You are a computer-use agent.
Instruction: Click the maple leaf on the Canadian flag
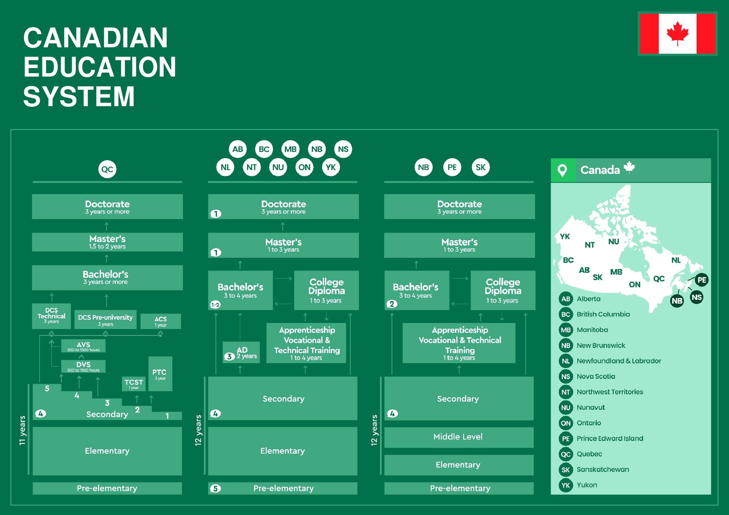click(677, 33)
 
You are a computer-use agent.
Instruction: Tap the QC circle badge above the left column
click(107, 169)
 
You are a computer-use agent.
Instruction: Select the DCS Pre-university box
click(105, 320)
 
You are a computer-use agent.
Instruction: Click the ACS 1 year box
click(161, 321)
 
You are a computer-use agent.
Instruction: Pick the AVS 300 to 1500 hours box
click(84, 346)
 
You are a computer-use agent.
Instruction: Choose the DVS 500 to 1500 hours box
click(84, 366)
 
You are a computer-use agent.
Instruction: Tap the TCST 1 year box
click(134, 384)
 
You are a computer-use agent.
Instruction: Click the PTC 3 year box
click(160, 374)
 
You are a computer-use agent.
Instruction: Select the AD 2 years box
click(241, 352)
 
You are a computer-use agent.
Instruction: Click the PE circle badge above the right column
click(452, 167)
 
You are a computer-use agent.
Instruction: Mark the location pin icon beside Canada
click(562, 170)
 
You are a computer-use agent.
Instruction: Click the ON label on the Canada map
click(635, 285)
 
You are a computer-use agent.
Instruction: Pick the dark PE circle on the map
click(702, 280)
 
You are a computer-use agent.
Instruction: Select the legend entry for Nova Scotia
click(588, 376)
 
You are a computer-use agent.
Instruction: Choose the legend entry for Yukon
click(578, 485)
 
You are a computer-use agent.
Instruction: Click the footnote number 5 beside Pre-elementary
click(215, 488)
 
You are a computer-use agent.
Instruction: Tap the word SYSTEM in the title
click(79, 97)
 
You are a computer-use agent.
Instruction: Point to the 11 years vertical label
click(22, 430)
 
